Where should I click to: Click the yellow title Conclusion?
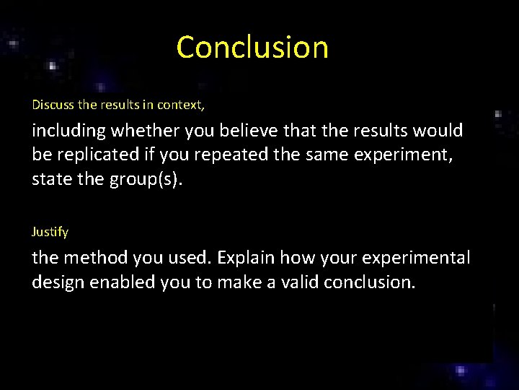252,48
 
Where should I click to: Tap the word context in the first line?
180,105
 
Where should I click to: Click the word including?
68,131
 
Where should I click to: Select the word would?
441,131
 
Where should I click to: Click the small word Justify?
50,232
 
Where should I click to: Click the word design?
58,281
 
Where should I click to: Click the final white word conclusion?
369,281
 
